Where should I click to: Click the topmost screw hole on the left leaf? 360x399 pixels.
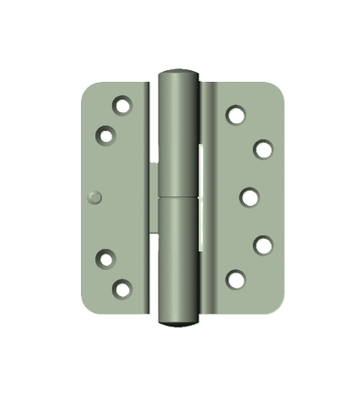point(123,106)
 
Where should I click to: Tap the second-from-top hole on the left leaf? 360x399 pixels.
point(106,134)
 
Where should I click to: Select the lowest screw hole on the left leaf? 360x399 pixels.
point(123,289)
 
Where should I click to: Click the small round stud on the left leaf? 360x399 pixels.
point(94,197)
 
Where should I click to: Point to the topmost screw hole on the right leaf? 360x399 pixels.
point(235,115)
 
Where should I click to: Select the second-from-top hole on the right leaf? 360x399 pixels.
point(263,149)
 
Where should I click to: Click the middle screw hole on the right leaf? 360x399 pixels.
point(249,197)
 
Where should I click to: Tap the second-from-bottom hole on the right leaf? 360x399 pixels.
point(263,245)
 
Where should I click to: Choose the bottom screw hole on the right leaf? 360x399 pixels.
point(236,279)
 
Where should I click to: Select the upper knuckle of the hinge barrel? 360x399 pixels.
point(179,135)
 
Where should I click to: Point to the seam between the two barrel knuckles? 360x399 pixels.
point(178,198)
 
